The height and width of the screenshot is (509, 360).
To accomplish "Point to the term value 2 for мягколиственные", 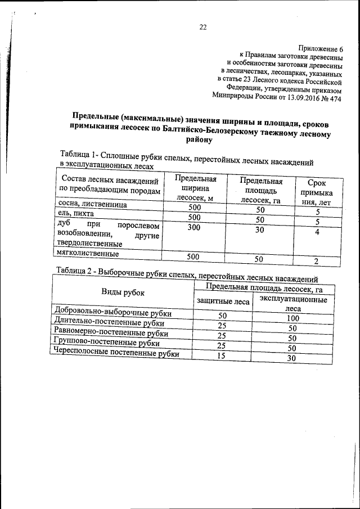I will (317, 261).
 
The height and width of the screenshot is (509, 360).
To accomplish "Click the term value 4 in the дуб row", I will (317, 232).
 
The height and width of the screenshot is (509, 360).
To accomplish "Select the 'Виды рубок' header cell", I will (123, 292).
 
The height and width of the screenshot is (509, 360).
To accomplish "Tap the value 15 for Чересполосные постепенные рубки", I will (222, 355).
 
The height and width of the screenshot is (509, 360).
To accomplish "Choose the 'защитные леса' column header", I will (222, 301).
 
